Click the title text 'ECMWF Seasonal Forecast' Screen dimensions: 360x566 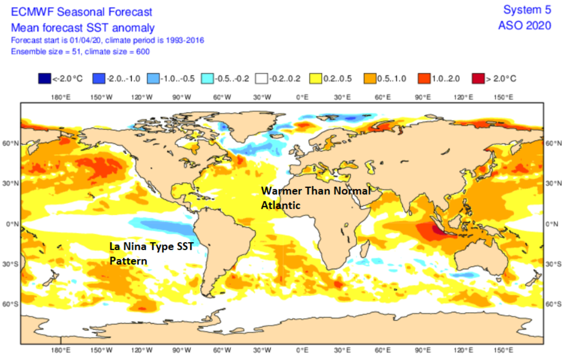point(81,12)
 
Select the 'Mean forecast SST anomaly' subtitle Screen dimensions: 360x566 point(83,28)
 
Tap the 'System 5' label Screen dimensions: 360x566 point(527,10)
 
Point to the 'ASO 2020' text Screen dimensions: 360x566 point(524,26)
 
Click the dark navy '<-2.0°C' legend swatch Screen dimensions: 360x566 point(44,79)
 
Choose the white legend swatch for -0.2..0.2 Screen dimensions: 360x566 point(261,79)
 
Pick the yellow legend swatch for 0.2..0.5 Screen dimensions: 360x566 point(315,79)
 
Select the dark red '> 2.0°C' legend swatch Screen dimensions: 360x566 point(478,79)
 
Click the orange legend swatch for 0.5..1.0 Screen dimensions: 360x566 point(370,79)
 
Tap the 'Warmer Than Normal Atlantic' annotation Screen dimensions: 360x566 point(315,198)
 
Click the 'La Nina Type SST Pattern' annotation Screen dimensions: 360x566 point(151,253)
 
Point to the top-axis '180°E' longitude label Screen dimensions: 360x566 point(61,97)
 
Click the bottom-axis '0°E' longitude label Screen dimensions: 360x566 point(302,350)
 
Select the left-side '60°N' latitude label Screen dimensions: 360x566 point(10,143)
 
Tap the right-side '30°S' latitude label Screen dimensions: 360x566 point(553,264)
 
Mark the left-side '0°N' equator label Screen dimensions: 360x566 point(12,224)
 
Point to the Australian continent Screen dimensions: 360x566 point(481,257)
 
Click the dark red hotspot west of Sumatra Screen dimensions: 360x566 point(437,230)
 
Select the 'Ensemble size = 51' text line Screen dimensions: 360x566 point(80,52)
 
